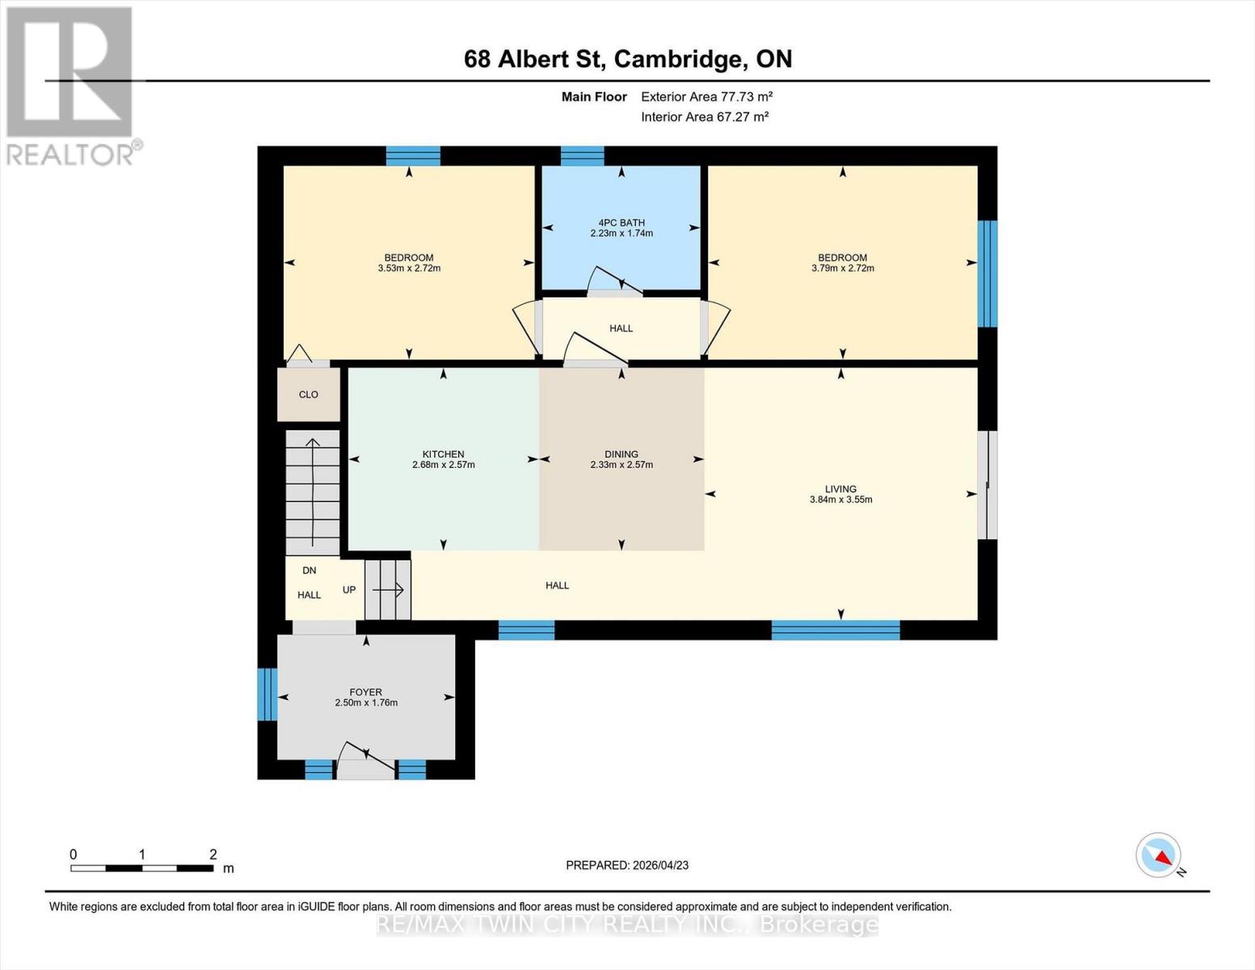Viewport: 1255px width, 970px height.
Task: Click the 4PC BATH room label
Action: coord(621,222)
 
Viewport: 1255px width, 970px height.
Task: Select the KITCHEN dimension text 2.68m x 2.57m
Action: coord(443,465)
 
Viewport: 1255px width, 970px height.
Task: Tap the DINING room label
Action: coord(621,454)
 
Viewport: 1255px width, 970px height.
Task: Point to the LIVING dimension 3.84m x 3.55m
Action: coord(840,500)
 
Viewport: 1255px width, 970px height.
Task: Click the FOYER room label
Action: coord(365,692)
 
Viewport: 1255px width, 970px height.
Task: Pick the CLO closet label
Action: coord(308,394)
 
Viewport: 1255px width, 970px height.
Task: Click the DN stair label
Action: coord(309,571)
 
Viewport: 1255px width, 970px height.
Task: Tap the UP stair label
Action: coord(349,590)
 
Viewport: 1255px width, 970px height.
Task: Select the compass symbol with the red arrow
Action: coord(1159,855)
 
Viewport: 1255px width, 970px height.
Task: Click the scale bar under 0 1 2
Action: coord(141,868)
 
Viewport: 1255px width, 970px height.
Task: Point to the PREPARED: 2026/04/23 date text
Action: coord(626,865)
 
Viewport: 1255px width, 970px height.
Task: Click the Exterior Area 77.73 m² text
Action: coord(706,96)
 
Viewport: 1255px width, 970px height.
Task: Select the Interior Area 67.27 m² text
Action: coord(704,116)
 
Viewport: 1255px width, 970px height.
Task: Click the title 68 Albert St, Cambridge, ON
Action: coord(627,59)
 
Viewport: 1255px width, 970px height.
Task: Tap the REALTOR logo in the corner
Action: coord(71,85)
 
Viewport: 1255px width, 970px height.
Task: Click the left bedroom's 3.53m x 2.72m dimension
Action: coord(409,268)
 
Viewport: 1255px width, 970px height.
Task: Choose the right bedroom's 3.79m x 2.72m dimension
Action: coord(842,268)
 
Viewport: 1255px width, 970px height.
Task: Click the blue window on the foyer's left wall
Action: coord(267,694)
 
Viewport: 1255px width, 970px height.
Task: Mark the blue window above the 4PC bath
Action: coord(582,155)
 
